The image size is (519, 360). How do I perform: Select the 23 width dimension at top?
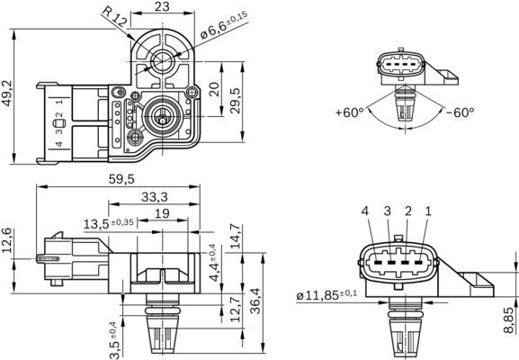click(162, 7)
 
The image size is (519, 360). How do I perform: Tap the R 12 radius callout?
click(115, 18)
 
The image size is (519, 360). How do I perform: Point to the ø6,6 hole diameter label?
click(222, 26)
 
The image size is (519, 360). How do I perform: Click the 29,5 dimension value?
click(236, 97)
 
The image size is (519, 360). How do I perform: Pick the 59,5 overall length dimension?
click(121, 178)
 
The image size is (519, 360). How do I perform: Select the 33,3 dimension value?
click(155, 196)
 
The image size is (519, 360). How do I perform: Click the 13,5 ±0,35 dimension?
click(109, 222)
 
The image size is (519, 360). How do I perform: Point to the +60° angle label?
click(349, 113)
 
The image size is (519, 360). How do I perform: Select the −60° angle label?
click(459, 113)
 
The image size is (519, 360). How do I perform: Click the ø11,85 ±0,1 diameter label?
click(326, 294)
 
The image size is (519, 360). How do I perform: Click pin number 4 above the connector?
click(365, 211)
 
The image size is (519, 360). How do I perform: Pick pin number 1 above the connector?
click(428, 211)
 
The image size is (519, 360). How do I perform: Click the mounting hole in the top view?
click(161, 60)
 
